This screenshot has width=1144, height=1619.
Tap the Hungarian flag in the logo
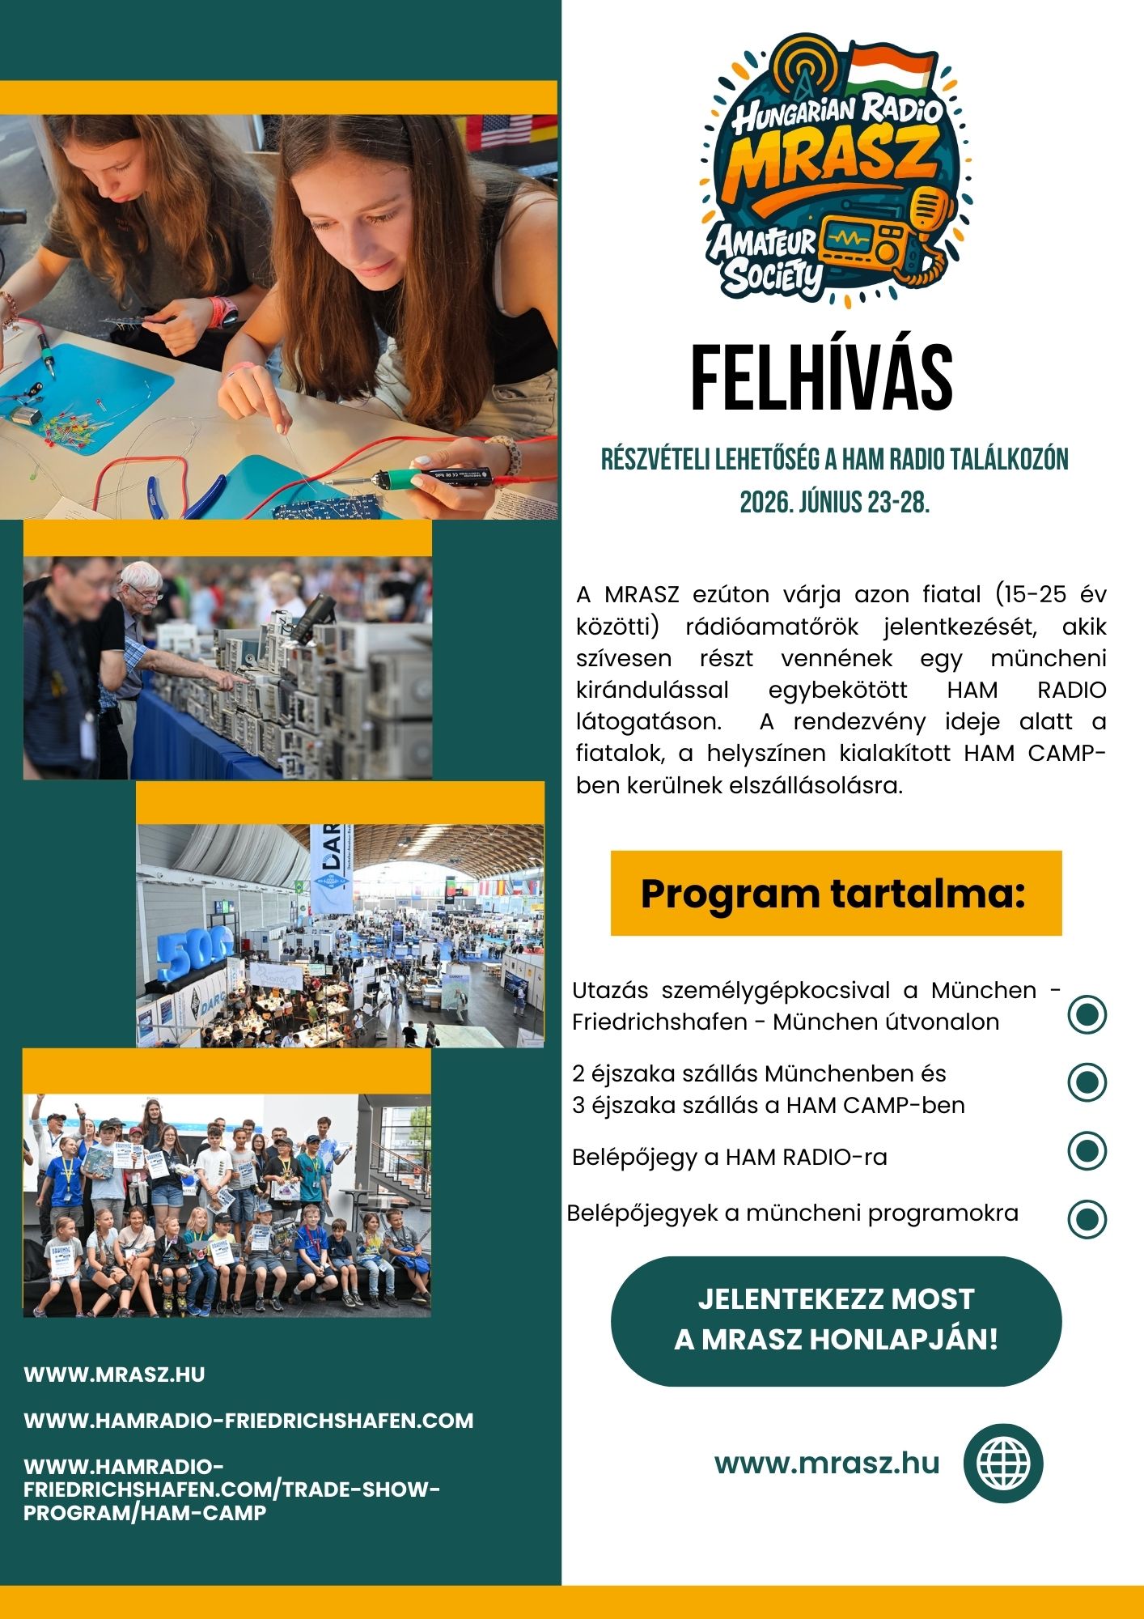click(890, 68)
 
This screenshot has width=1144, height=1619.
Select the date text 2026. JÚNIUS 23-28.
click(834, 503)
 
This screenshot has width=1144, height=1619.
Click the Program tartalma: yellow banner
click(835, 893)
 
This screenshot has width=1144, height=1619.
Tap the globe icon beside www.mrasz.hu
click(1003, 1464)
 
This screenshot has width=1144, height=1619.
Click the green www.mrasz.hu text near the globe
click(827, 1464)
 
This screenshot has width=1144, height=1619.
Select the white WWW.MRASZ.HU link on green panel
click(114, 1375)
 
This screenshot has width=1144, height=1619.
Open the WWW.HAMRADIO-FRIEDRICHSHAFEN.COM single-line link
click(248, 1421)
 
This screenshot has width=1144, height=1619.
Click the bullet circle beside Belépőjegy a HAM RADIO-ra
click(1087, 1150)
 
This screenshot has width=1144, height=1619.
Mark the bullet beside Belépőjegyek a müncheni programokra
click(1087, 1218)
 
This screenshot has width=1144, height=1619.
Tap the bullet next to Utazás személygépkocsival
click(1087, 1013)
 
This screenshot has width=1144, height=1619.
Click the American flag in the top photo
click(506, 130)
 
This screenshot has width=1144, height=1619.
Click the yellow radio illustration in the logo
click(862, 241)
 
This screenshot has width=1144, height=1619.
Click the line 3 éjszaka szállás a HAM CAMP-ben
click(768, 1106)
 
